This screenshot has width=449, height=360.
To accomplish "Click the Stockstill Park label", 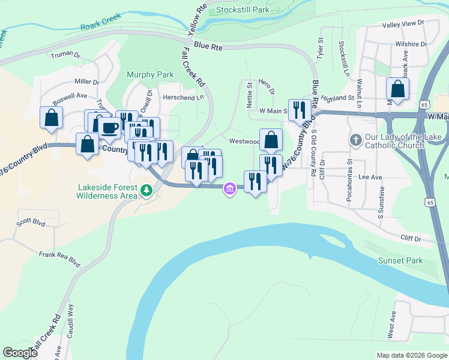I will pyautogui.click(x=243, y=10).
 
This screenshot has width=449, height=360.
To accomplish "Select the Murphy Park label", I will pyautogui.click(x=150, y=75).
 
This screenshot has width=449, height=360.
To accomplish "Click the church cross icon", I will pyautogui.click(x=355, y=140).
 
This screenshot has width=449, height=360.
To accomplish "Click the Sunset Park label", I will pyautogui.click(x=400, y=260).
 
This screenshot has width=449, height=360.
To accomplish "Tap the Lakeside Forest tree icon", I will pyautogui.click(x=145, y=190).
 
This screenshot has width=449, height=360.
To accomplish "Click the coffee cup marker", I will pyautogui.click(x=110, y=127).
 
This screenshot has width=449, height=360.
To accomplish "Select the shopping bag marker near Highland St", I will pyautogui.click(x=397, y=89).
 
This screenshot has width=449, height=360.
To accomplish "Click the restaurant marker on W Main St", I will pyautogui.click(x=300, y=110).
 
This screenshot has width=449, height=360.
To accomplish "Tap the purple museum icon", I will pyautogui.click(x=229, y=190).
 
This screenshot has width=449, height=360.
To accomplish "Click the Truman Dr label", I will pyautogui.click(x=66, y=55).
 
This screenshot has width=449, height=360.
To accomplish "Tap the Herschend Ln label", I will pyautogui.click(x=183, y=97).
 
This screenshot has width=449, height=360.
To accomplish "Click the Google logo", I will pyautogui.click(x=20, y=352).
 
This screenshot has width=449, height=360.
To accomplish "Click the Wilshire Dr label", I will pyautogui.click(x=411, y=44).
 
